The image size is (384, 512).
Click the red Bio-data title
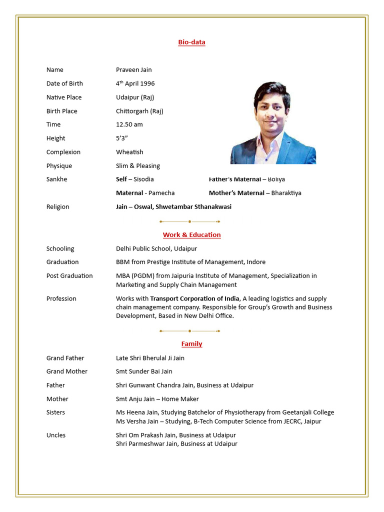click(191, 42)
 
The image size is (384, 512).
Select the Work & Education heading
click(191, 234)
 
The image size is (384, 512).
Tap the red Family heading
click(191, 343)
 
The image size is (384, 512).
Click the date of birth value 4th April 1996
click(135, 83)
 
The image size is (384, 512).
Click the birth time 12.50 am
click(129, 124)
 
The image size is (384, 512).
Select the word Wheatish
click(129, 152)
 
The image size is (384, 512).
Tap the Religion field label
click(58, 206)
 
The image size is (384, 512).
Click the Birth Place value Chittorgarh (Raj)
click(139, 111)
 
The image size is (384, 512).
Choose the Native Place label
click(64, 97)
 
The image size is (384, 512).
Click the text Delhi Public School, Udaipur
click(156, 248)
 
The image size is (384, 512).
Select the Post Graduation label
click(69, 275)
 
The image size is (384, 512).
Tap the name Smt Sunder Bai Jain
click(144, 371)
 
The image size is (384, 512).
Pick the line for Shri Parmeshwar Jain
click(176, 443)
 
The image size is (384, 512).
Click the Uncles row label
click(56, 435)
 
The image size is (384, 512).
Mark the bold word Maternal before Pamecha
click(129, 193)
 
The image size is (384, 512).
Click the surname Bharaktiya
click(286, 193)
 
